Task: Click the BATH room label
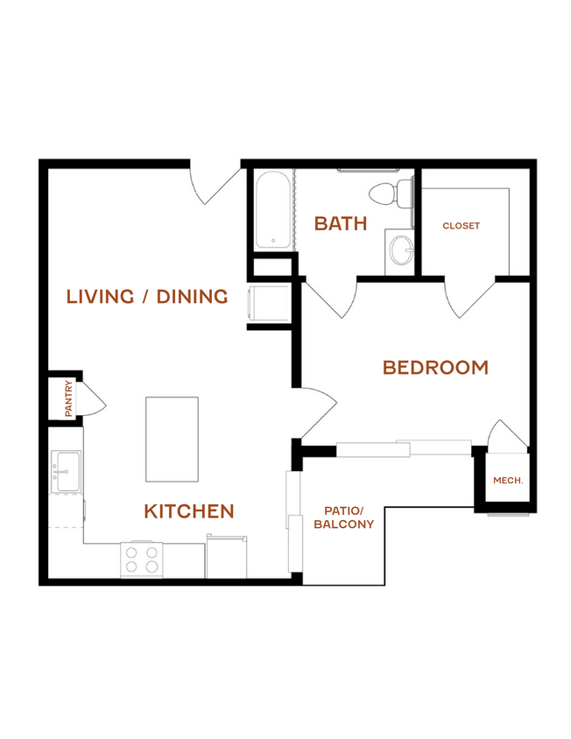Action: coord(341,223)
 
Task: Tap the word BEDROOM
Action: coord(435,367)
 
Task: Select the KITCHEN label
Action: coord(189,510)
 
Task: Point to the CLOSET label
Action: coord(462,226)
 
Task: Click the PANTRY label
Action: coord(69,398)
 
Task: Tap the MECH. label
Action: coord(508,481)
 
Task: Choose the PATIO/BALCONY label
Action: coord(343,517)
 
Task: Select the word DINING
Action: coord(192,297)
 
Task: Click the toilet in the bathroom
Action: coord(391,194)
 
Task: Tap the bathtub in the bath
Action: coord(273,210)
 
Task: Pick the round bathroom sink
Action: coord(401,250)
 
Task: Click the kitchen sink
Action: coord(66,471)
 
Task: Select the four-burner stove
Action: coord(142,560)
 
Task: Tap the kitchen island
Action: coord(172,440)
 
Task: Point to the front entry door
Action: coord(216,184)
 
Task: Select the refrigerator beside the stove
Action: coord(226,556)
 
